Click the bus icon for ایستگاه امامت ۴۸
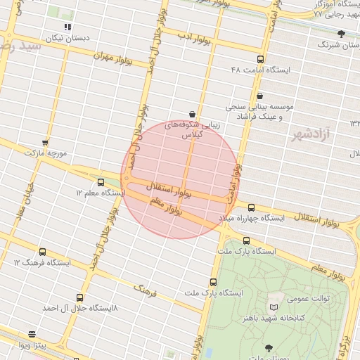[261, 60]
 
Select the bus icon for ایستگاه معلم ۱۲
[101, 181]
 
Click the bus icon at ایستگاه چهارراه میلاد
[252, 207]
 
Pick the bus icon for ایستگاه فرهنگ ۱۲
[42, 252]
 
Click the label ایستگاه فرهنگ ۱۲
[42, 263]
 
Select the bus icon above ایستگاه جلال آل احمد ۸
[79, 297]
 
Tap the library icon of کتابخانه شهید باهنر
[274, 307]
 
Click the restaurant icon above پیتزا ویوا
[32, 334]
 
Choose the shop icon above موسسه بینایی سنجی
[259, 96]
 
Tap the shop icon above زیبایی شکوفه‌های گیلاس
[192, 114]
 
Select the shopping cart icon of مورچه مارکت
[45, 143]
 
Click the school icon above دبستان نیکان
[67, 27]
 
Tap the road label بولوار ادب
[191, 35]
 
